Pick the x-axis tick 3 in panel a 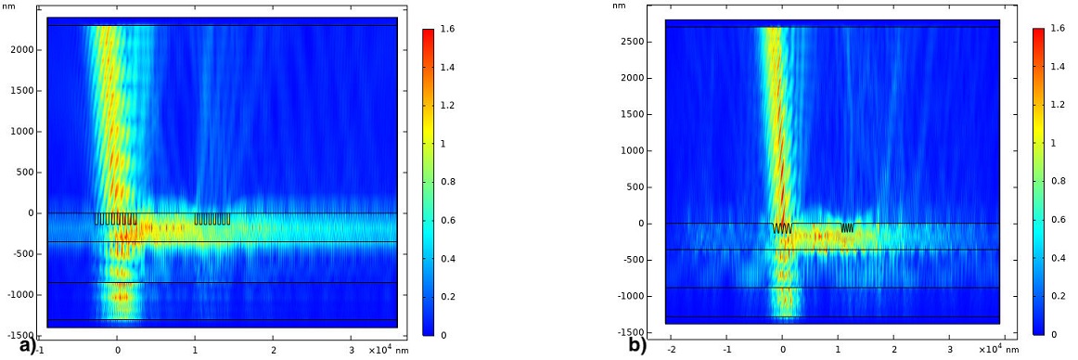(351, 352)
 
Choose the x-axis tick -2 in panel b (671, 352)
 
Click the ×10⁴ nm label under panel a (383, 350)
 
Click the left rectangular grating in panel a (116, 219)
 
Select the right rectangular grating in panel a (212, 219)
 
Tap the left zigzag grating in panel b (781, 227)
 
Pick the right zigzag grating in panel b (847, 227)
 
